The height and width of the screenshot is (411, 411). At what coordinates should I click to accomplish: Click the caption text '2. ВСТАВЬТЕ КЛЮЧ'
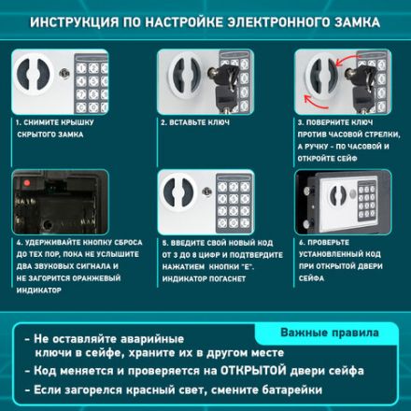tap(197, 121)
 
